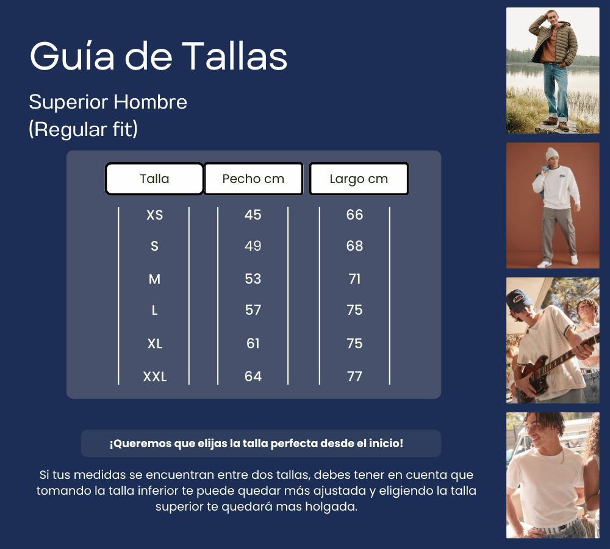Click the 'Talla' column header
(x=154, y=179)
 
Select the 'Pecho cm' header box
(x=253, y=179)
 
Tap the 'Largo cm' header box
(x=359, y=179)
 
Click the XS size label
(x=154, y=215)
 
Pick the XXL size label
(x=154, y=376)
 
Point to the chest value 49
(x=253, y=246)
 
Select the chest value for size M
(x=253, y=279)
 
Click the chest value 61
(x=253, y=343)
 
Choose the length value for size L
(x=354, y=310)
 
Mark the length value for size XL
(x=354, y=343)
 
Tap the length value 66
(x=354, y=215)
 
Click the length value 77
(x=354, y=376)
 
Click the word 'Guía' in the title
(x=73, y=57)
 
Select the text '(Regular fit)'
(x=83, y=129)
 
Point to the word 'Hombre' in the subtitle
(x=150, y=102)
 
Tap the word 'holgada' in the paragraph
(x=333, y=507)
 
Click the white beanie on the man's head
(x=552, y=153)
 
